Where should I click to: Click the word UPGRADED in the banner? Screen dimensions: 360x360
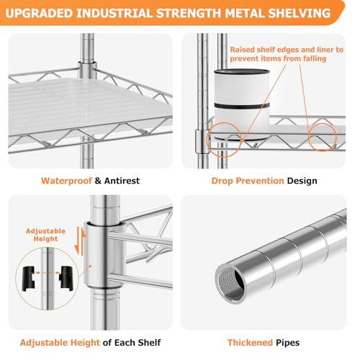pyautogui.click(x=39, y=13)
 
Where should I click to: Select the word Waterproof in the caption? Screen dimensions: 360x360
pyautogui.click(x=66, y=181)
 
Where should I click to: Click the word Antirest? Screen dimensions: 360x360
pyautogui.click(x=122, y=181)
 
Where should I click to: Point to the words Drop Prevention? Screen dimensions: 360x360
pyautogui.click(x=248, y=181)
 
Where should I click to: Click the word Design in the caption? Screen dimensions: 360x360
pyautogui.click(x=302, y=181)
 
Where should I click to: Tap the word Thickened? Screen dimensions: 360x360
pyautogui.click(x=250, y=343)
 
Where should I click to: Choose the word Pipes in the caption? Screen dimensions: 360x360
pyautogui.click(x=288, y=343)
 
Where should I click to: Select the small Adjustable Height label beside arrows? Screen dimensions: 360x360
pyautogui.click(x=45, y=235)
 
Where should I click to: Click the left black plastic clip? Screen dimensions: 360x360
pyautogui.click(x=29, y=279)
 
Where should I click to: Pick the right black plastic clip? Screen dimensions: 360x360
pyautogui.click(x=66, y=279)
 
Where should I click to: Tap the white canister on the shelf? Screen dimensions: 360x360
pyautogui.click(x=242, y=104)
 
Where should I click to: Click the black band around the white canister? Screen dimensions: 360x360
pyautogui.click(x=242, y=106)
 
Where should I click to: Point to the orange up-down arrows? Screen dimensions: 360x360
pyautogui.click(x=80, y=240)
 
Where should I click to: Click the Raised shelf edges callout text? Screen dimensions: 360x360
pyautogui.click(x=287, y=54)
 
